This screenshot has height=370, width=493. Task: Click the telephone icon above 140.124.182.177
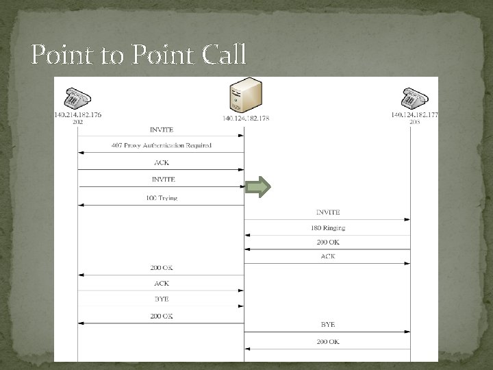415,99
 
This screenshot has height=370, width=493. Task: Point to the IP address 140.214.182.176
78,115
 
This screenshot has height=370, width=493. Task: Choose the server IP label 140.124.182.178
245,119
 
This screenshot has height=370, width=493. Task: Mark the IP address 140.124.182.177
415,115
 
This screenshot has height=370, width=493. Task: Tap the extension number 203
415,121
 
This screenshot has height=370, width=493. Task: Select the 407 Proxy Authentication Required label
162,146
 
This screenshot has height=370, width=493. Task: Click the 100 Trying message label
162,198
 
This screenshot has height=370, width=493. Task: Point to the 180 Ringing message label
328,228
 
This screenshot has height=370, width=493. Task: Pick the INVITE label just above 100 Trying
162,180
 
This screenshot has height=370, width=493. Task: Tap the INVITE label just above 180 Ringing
328,212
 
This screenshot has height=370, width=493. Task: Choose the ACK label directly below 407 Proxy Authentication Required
162,162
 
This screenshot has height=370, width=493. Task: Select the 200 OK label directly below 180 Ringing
328,243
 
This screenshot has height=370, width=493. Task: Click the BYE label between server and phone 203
328,324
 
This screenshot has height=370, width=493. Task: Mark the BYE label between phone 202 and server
162,299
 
